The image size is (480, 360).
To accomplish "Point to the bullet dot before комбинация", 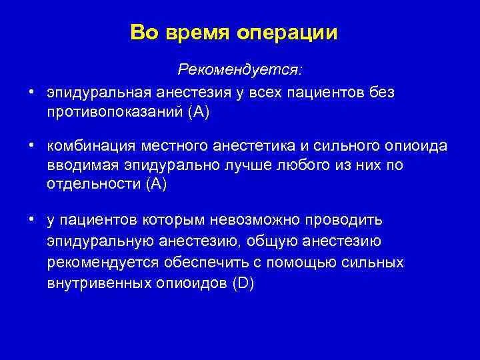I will coord(31,146).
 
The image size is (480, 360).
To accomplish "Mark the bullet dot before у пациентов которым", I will coord(31,219).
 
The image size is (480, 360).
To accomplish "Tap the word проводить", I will coord(350,220).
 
